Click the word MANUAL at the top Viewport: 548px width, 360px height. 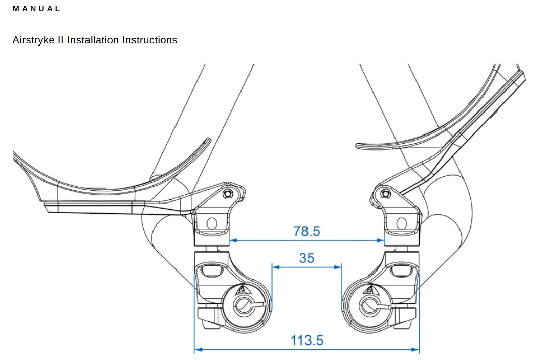(36, 9)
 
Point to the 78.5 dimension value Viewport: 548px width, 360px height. (306, 231)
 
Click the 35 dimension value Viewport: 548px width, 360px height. (306, 258)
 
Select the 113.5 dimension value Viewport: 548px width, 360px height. (307, 341)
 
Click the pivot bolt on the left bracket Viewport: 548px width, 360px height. (229, 193)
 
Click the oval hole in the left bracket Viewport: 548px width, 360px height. (212, 223)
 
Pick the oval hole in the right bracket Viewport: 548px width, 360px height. (402, 223)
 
